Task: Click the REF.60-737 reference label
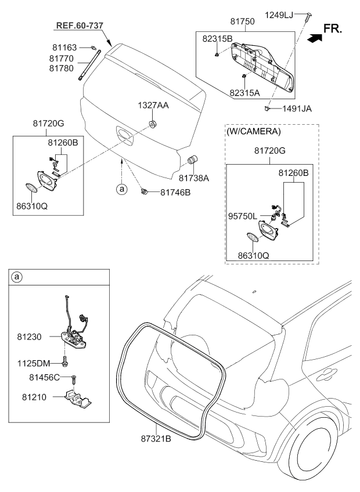point(80,26)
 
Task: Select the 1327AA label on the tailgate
point(153,107)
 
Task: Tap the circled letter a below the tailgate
point(122,189)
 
